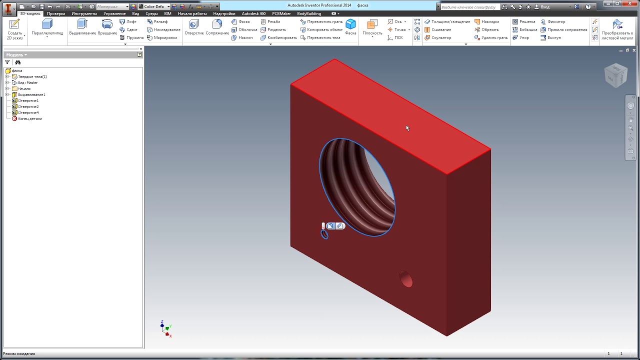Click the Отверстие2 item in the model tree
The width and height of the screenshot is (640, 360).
pyautogui.click(x=28, y=106)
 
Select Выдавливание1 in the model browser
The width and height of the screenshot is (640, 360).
pyautogui.click(x=31, y=94)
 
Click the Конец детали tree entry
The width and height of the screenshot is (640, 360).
pyautogui.click(x=29, y=118)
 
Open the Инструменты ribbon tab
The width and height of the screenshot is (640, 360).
pyautogui.click(x=84, y=13)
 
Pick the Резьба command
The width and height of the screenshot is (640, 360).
pyautogui.click(x=273, y=21)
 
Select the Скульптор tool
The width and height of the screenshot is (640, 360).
pyautogui.click(x=441, y=37)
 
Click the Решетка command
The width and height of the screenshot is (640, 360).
pyautogui.click(x=527, y=21)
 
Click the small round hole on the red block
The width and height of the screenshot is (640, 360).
pyautogui.click(x=406, y=279)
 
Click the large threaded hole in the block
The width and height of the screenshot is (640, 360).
pyautogui.click(x=357, y=187)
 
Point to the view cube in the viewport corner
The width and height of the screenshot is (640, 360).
pyautogui.click(x=615, y=75)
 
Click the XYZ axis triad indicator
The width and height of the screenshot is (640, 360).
pyautogui.click(x=166, y=328)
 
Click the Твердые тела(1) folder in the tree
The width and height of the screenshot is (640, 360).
pyautogui.click(x=32, y=76)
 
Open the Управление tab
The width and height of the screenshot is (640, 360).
pyautogui.click(x=114, y=13)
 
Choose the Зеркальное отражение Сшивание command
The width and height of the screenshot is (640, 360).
pyautogui.click(x=441, y=29)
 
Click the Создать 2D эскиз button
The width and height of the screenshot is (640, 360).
pyautogui.click(x=14, y=29)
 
